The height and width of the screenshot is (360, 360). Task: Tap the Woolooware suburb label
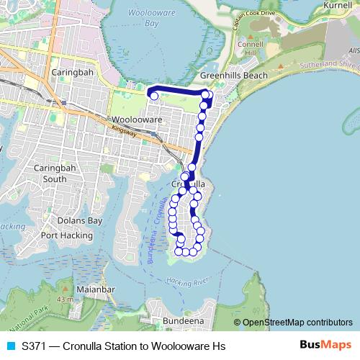coord(136,120)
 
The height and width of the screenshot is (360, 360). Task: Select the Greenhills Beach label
coord(234,76)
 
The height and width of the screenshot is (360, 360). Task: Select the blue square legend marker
coord(10,346)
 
